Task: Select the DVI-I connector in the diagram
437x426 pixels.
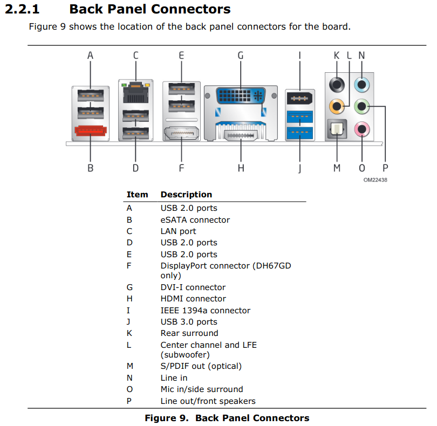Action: pos(240,97)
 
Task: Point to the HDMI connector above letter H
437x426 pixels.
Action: pos(241,133)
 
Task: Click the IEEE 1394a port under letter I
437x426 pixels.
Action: pos(300,99)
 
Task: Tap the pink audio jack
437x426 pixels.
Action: pos(361,128)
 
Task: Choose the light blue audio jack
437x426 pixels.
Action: pos(361,84)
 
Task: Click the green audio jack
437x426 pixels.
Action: pos(361,106)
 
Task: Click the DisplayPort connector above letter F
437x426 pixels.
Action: pos(181,133)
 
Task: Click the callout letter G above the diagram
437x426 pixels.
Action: pos(241,55)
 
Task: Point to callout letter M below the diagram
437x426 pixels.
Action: pos(337,168)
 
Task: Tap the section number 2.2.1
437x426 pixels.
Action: pos(22,9)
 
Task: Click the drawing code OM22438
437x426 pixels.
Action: pos(375,180)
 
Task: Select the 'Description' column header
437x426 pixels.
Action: pos(186,195)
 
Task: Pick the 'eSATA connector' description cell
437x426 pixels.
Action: pos(195,220)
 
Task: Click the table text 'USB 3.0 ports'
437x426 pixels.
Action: pos(189,322)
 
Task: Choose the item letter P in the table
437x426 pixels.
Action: pos(129,401)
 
